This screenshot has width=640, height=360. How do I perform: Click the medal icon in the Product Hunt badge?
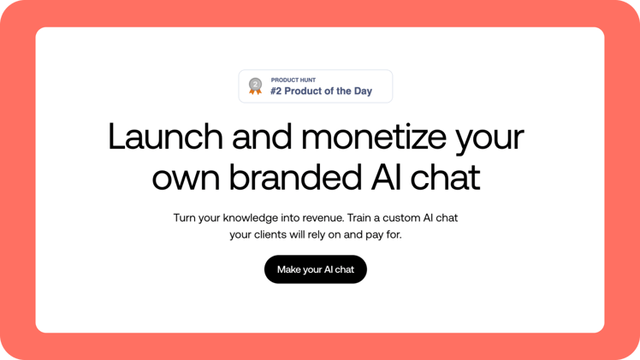coord(255,86)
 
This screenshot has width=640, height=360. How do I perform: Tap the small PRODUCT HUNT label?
coord(293,80)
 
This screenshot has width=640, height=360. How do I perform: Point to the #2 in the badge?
coord(276,91)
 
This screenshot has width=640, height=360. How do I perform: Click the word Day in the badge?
coord(362,91)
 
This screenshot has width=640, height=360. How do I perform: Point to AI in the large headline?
coord(381,177)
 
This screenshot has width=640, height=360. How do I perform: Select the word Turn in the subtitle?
coord(185,218)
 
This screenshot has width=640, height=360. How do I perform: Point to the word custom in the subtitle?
coord(410,218)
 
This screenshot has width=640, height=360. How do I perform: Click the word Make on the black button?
coord(288,269)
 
